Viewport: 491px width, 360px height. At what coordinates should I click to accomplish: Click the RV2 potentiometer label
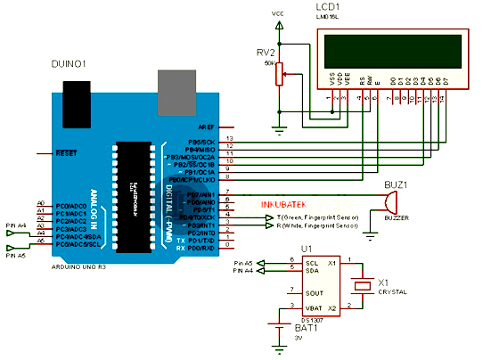click(x=266, y=52)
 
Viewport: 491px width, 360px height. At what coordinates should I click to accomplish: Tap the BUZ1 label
click(x=394, y=184)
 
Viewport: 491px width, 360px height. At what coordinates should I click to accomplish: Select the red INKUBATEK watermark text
click(x=284, y=204)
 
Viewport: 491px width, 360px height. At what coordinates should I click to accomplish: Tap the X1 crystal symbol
click(x=362, y=284)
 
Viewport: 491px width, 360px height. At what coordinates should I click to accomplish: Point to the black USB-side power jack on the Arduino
click(x=76, y=95)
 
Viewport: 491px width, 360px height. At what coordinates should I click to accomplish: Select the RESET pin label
click(x=66, y=152)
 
